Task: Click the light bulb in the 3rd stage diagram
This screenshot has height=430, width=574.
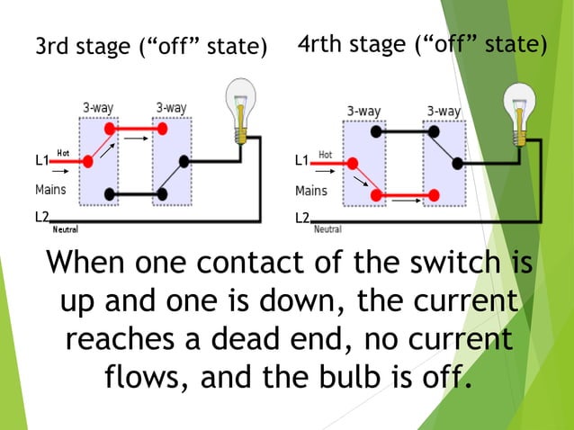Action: pyautogui.click(x=240, y=106)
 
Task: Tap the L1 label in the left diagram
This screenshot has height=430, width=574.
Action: pyautogui.click(x=41, y=160)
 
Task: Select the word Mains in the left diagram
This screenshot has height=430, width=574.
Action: pyautogui.click(x=50, y=190)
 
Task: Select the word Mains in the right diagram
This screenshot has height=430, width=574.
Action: pyautogui.click(x=311, y=191)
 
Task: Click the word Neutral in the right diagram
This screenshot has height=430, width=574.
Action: pyautogui.click(x=327, y=229)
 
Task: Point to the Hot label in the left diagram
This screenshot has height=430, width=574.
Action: pyautogui.click(x=63, y=153)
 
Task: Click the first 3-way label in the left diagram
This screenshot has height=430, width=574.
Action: pyautogui.click(x=98, y=108)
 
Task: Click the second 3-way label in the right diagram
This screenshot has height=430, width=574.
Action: pyautogui.click(x=444, y=111)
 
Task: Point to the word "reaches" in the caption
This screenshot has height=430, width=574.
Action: pyautogui.click(x=121, y=340)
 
